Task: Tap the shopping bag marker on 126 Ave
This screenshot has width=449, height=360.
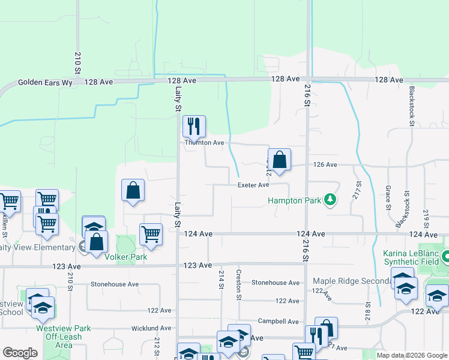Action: coord(279,160)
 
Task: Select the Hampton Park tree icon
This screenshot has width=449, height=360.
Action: coord(329,199)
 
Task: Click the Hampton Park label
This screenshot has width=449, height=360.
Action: coord(294,200)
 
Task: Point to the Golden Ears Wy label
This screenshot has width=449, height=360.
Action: coord(45,83)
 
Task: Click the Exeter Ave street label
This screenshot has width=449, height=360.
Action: coord(253,185)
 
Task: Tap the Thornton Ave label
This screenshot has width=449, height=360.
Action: coord(204,143)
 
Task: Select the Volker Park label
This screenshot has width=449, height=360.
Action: coord(126,257)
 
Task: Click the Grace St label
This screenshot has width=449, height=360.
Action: coord(389,197)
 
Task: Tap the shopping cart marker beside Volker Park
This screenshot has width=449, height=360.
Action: coord(151,234)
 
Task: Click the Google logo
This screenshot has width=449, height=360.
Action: coord(20,353)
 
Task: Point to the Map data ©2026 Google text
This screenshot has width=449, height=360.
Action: coord(411,355)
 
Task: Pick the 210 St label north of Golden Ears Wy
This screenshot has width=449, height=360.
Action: coord(77,62)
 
